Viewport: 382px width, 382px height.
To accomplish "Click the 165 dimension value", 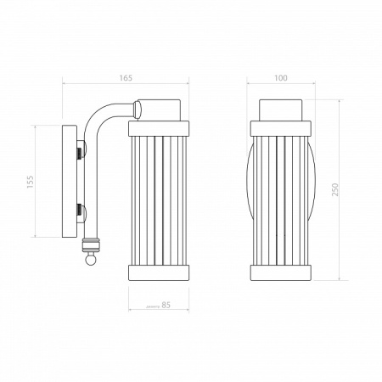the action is point(126,78).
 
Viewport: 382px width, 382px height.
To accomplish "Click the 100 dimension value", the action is point(280,78).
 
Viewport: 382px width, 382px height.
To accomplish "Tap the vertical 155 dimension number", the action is point(31,182).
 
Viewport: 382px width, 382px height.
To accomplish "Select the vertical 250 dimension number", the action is point(334,190).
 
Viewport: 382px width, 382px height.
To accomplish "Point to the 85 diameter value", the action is point(166,305).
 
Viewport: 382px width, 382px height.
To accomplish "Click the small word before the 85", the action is point(153,306).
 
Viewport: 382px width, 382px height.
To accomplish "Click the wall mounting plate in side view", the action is point(70,182).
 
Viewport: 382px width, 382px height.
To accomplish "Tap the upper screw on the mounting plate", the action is point(81,149).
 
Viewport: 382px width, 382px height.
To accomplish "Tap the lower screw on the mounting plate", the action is point(81,214).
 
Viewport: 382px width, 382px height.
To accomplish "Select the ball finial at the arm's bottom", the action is point(91,259).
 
